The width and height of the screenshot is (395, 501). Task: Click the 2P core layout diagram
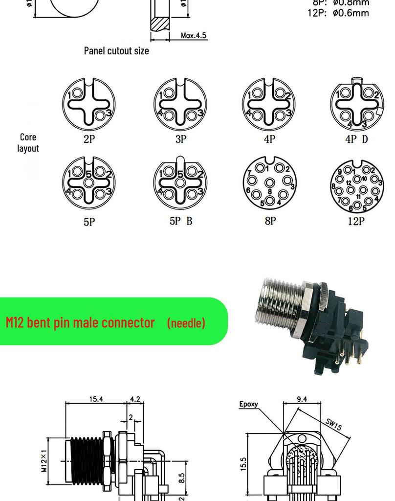88,104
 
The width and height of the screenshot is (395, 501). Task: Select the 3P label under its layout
181,139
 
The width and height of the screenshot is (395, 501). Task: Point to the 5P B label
181,221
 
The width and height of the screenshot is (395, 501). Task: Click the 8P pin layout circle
270,184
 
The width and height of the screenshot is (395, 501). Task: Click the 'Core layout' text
28,142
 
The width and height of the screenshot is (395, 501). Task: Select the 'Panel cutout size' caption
116,50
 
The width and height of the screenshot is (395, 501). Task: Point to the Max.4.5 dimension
194,35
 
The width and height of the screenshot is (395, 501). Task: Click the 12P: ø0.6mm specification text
338,13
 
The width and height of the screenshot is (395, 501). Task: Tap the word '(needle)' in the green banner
186,322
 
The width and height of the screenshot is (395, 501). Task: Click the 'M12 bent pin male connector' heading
80,322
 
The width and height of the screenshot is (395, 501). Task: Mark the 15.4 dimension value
96,399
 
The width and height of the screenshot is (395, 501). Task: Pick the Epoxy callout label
248,404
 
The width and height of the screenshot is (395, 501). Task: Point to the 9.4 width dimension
302,399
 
